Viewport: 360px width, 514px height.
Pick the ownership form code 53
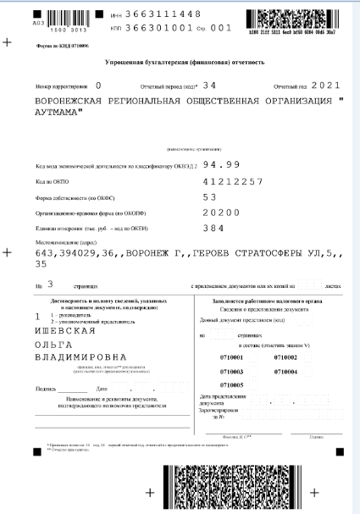tap(210, 196)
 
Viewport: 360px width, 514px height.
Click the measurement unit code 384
tap(213, 228)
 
